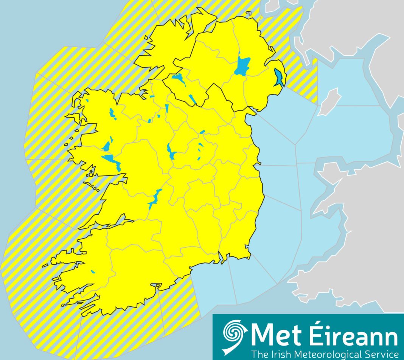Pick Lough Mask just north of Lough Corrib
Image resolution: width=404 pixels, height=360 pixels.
point(107,146)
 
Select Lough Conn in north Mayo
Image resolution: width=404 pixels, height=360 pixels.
point(112,113)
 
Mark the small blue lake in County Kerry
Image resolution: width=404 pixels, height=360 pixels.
point(93,272)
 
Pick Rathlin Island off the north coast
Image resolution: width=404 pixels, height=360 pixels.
point(249,13)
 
